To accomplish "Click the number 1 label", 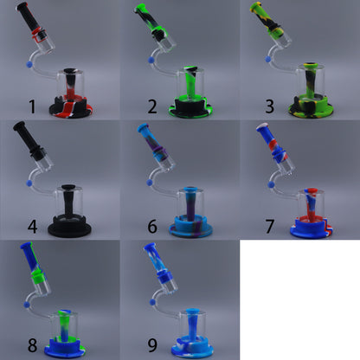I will (32, 106).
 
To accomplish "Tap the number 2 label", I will (151, 106).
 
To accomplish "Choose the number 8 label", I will (32, 346).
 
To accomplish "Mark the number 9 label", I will (151, 346).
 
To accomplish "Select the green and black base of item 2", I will (191, 109).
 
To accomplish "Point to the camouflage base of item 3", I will (311, 109).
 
